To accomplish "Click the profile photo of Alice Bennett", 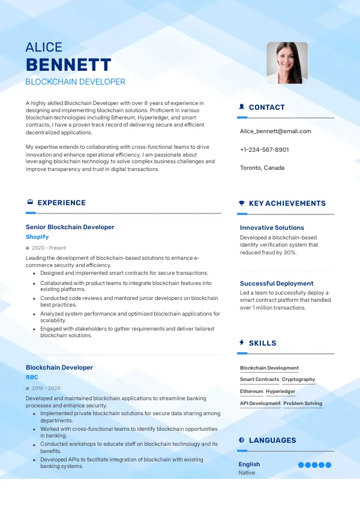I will click(287, 62).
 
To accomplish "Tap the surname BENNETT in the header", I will click(68, 65).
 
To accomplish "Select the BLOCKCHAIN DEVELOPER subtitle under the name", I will click(76, 82).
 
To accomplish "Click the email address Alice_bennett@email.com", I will click(275, 131).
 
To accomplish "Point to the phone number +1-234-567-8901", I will click(264, 149).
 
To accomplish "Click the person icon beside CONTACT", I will click(242, 107).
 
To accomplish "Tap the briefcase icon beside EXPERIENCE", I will click(30, 203).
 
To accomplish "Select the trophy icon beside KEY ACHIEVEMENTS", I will click(242, 203).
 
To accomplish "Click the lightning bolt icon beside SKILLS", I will click(242, 343).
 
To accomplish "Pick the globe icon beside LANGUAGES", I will click(242, 440).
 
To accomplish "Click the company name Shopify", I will click(37, 237).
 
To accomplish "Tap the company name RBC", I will click(32, 377).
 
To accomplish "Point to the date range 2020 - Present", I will click(49, 248).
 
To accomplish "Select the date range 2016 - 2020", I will click(46, 388).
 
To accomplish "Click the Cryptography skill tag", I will click(298, 379).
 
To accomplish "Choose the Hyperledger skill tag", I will click(280, 391).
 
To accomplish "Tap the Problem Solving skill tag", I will click(302, 403).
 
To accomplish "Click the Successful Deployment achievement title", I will click(277, 283).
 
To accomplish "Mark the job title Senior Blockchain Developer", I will click(70, 227).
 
